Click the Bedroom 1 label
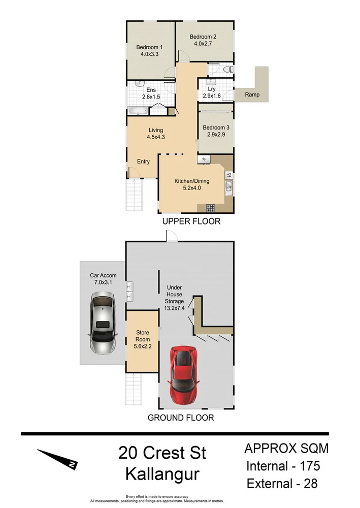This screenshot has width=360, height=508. click(x=149, y=48)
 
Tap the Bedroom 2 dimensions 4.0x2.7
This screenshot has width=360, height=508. click(x=203, y=44)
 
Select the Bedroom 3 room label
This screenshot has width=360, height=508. click(x=216, y=128)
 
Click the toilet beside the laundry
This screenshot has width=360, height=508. click(x=228, y=69)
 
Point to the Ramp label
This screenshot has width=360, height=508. click(x=252, y=94)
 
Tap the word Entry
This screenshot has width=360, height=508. click(x=144, y=162)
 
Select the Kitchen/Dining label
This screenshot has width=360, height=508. click(x=192, y=181)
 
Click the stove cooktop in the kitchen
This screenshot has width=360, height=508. click(x=210, y=207)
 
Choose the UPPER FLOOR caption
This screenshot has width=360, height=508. click(x=191, y=221)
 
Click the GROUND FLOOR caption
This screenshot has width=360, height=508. click(x=180, y=418)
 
